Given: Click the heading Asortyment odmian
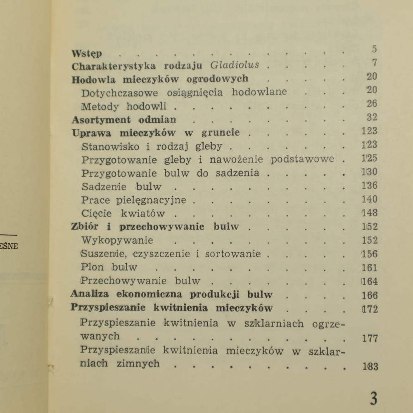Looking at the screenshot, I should (x=124, y=120).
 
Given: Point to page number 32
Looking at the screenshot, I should (x=372, y=117).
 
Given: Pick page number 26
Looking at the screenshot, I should (x=372, y=104).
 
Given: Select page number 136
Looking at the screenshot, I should (x=370, y=185).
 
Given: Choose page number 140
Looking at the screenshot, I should (x=370, y=199).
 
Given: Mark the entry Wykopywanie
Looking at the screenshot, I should (x=117, y=240).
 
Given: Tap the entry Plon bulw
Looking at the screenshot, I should (x=109, y=267).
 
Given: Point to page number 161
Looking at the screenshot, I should (x=370, y=268).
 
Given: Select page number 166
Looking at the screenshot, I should (x=370, y=295).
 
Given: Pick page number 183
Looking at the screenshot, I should (x=370, y=366).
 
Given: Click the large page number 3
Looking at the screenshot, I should (x=373, y=399).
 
